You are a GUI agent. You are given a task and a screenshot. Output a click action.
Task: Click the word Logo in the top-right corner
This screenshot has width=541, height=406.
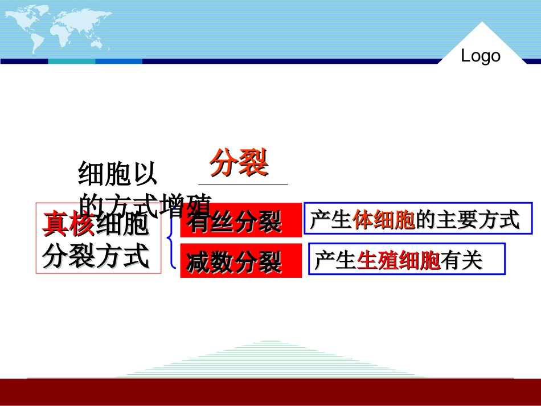click(480, 56)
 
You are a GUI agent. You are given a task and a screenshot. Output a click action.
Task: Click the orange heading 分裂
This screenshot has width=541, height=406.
click(239, 164)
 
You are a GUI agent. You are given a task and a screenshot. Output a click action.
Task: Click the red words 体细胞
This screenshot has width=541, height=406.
click(384, 220)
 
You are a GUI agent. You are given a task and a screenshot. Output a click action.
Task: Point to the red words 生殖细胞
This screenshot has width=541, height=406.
click(399, 261)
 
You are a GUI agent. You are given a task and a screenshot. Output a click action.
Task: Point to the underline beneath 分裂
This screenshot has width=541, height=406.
click(243, 184)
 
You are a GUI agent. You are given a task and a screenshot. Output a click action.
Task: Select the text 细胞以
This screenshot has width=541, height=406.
click(117, 174)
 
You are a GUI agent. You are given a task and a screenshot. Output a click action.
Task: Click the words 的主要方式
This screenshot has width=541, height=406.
click(468, 220)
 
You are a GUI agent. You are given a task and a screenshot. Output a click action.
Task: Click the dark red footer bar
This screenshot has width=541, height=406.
click(270, 391)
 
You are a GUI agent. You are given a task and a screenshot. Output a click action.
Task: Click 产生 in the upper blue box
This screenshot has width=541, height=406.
click(331, 220)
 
